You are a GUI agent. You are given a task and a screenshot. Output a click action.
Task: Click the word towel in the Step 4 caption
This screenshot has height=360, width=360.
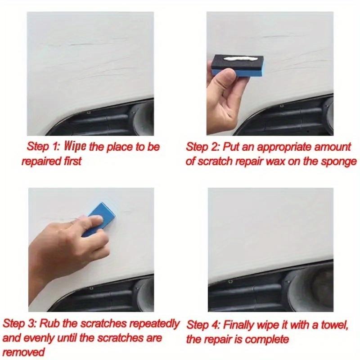[335, 324]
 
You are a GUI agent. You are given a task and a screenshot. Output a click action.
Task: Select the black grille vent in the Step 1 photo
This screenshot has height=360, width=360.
[112, 121]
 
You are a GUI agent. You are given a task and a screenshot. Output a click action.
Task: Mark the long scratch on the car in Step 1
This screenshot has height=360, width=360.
[90, 44]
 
